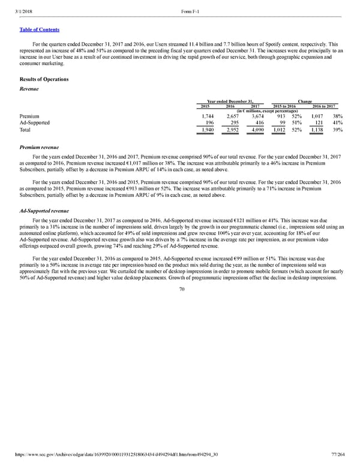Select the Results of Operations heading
(x=44, y=79)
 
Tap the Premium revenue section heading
(x=41, y=147)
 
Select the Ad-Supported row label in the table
(x=34, y=123)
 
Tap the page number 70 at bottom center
(x=180, y=288)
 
